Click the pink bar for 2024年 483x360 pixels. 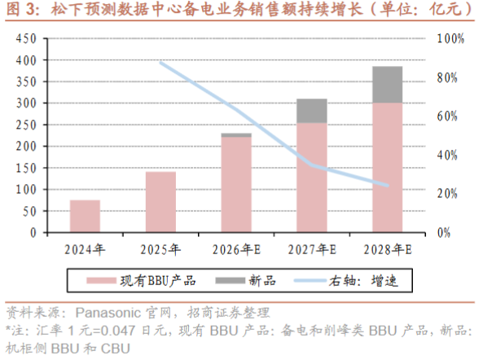[85, 216]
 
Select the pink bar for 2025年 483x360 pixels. [160, 202]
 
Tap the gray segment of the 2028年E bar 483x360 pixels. [387, 85]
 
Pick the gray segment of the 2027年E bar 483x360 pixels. [312, 111]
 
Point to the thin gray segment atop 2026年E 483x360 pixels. [236, 135]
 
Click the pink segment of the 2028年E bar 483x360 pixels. [387, 168]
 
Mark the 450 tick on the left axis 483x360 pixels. [26, 39]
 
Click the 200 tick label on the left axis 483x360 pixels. [26, 147]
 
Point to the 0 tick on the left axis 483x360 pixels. [33, 232]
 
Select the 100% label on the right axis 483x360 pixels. [450, 39]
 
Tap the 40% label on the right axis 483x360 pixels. [447, 155]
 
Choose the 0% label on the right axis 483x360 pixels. [444, 232]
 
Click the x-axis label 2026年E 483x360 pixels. [236, 249]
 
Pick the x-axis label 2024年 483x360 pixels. [85, 249]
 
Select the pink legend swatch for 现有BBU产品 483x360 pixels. [101, 280]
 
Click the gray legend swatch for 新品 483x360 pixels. [231, 280]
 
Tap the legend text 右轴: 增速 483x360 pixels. [363, 281]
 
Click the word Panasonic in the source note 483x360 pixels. [108, 313]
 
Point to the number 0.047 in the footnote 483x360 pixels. [118, 331]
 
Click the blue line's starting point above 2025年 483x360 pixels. [160, 63]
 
